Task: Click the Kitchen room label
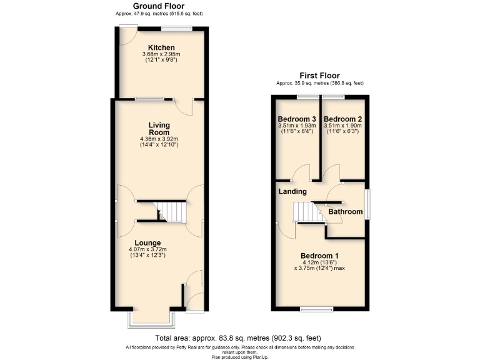tap(161, 47)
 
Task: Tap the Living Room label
tap(159, 129)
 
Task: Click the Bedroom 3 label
tap(296, 119)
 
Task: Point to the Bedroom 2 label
tap(343, 119)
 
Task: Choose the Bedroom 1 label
tap(319, 256)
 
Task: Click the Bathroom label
tap(346, 212)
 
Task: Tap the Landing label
tap(292, 191)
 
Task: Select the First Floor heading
tap(319, 75)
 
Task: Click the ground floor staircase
tap(171, 212)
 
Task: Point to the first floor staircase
tap(306, 212)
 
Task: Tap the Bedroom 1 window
tap(319, 309)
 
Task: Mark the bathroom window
tap(367, 204)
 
